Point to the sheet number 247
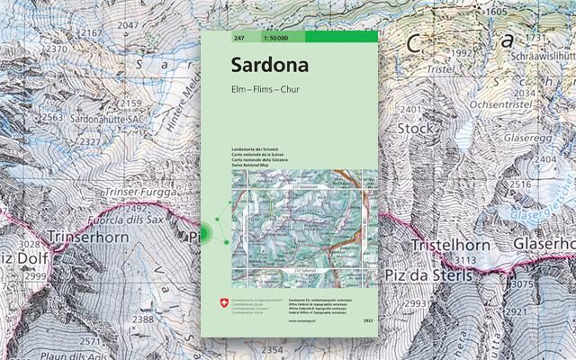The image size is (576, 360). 238,37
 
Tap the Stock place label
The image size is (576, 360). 414,128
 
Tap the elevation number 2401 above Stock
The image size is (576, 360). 410,110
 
